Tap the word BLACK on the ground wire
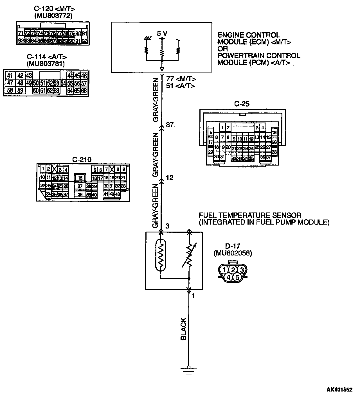pos(183,329)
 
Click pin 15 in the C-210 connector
pos(80,178)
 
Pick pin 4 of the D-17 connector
pos(228,277)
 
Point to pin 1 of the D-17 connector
pos(224,270)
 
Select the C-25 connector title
pos(242,104)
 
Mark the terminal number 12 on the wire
pos(170,178)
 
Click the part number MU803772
pos(53,16)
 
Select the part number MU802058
pos(233,253)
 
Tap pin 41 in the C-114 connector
pos(10,76)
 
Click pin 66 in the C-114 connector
pos(84,91)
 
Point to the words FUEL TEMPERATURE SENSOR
pos(250,216)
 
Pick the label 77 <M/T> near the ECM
pos(181,79)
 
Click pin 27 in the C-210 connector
pos(80,186)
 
